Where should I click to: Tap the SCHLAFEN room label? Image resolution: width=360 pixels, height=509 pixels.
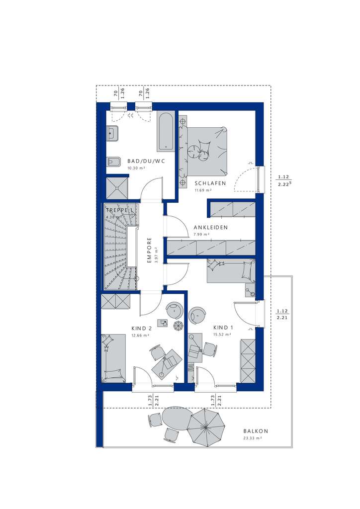[210, 183]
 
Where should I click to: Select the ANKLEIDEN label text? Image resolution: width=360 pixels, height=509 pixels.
[211, 228]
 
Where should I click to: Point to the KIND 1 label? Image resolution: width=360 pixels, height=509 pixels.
[223, 328]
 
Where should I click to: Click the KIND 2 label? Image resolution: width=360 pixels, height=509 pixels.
[142, 329]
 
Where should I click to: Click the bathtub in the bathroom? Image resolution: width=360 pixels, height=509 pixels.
[165, 131]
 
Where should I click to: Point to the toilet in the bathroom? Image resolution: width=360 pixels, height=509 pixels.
[112, 161]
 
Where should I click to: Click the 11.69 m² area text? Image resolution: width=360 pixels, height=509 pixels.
[203, 190]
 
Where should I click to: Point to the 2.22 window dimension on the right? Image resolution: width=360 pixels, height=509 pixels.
[284, 184]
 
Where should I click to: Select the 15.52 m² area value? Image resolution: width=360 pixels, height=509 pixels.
[222, 335]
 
